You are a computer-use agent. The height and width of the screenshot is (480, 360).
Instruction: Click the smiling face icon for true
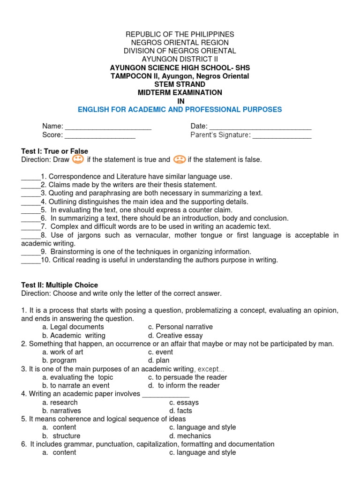78,159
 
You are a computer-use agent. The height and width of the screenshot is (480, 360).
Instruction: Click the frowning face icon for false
179,159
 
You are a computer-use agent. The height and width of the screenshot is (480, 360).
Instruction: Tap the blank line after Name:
108,127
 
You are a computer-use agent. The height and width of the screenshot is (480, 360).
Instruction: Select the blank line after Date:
260,127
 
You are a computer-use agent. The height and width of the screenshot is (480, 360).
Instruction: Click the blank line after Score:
100,135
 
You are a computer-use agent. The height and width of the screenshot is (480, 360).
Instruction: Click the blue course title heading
180,110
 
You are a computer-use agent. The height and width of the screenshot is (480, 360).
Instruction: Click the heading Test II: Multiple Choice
60,285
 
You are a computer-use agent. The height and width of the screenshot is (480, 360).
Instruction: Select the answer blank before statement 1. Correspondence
31,177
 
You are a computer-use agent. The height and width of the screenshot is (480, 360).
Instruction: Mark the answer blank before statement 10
31,260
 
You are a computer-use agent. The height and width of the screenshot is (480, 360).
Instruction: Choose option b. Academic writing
74,336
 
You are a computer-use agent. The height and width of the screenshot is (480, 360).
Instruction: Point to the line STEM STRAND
180,84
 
